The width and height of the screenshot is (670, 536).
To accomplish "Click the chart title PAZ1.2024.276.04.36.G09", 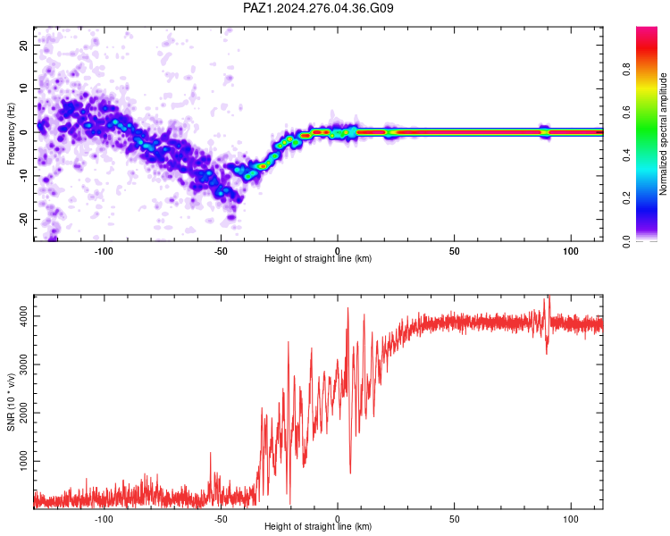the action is (318, 8).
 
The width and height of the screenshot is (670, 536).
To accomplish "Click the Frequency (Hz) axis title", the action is (11, 134).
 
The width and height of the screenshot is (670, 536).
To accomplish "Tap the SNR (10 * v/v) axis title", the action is (11, 402).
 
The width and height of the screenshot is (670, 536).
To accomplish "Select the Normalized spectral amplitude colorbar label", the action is (663, 134).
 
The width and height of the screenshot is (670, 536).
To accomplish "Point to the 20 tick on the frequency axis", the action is (23, 45).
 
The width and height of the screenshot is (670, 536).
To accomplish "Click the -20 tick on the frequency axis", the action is (23, 220).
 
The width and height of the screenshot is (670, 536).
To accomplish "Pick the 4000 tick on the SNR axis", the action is (23, 316).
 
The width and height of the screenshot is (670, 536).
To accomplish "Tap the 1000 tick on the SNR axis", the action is (23, 461).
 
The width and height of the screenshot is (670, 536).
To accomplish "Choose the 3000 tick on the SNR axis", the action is (23, 364).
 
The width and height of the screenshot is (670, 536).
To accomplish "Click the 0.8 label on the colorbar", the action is (626, 70).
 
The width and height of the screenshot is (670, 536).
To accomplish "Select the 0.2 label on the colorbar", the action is (626, 198).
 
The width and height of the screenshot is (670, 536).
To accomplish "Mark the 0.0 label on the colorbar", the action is (626, 241).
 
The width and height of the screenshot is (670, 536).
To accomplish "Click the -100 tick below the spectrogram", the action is (103, 251).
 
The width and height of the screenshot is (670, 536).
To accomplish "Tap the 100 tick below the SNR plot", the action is (571, 519).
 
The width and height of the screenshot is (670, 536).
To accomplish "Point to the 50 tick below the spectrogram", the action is (454, 251).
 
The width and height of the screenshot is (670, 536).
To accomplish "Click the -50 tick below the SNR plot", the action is (221, 519).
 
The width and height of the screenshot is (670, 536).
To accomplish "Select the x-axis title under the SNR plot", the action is (318, 526).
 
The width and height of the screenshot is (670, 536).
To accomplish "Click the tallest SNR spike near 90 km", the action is (549, 297).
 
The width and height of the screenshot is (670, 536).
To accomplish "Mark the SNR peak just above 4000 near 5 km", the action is (348, 308).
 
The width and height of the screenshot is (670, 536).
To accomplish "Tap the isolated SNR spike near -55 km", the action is (210, 453).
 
